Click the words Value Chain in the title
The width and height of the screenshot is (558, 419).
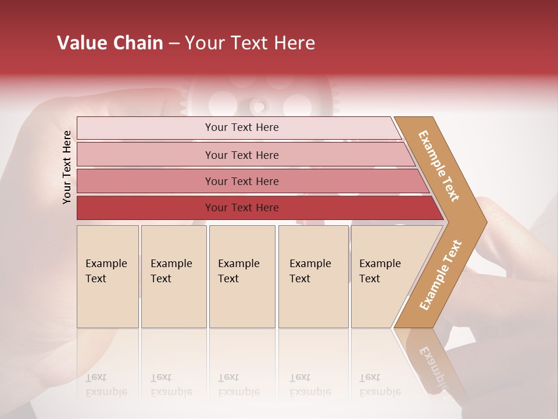coord(110,43)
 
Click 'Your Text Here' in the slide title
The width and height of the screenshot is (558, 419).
coord(250,43)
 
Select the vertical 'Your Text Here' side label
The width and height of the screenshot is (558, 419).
coord(67,167)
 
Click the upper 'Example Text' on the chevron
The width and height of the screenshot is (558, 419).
coord(439,166)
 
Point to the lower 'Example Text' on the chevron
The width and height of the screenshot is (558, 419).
coord(441,275)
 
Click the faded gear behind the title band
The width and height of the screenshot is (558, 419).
coord(260,102)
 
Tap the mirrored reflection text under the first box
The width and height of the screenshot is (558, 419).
coord(106,385)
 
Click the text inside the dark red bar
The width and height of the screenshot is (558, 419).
coord(242,208)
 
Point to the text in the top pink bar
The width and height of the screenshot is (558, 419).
coord(242,127)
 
